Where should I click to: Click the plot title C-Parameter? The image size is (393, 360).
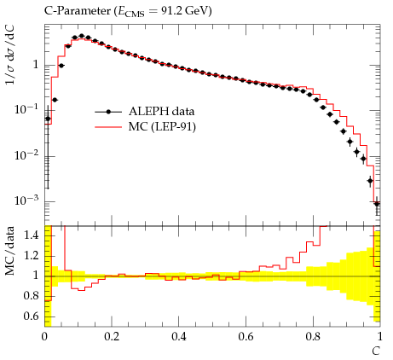click(78, 11)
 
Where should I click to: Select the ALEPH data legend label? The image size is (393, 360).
click(161, 111)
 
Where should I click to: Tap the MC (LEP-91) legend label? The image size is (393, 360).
click(162, 126)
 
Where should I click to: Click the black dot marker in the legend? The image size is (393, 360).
click(108, 112)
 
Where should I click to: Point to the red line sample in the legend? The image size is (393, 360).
click(108, 127)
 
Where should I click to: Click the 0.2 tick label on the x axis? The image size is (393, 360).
click(112, 337)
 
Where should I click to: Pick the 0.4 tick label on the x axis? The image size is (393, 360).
click(179, 337)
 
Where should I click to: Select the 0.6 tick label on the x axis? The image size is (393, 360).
click(246, 337)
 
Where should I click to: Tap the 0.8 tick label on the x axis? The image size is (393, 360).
click(313, 337)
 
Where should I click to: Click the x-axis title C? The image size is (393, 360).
click(376, 351)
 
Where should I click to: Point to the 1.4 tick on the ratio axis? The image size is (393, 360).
click(32, 235)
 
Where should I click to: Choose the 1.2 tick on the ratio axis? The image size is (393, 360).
click(32, 256)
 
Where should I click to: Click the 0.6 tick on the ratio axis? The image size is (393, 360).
click(32, 316)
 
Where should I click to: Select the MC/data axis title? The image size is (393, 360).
click(10, 251)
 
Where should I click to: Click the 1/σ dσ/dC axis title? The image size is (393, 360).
click(10, 55)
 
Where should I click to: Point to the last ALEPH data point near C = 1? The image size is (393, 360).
click(377, 204)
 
